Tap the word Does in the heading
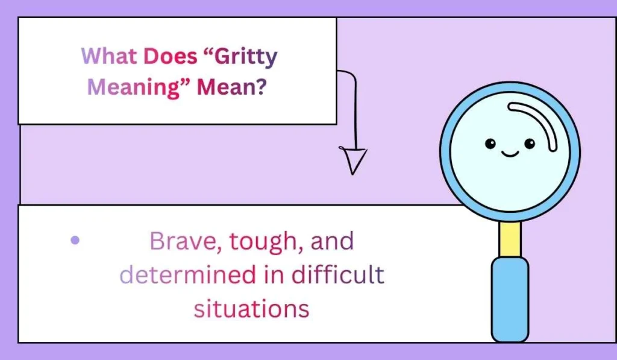click(171, 57)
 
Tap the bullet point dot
click(75, 240)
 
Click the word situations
click(251, 308)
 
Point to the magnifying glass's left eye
click(490, 144)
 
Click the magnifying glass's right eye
click(530, 144)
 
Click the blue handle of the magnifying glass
click(510, 298)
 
